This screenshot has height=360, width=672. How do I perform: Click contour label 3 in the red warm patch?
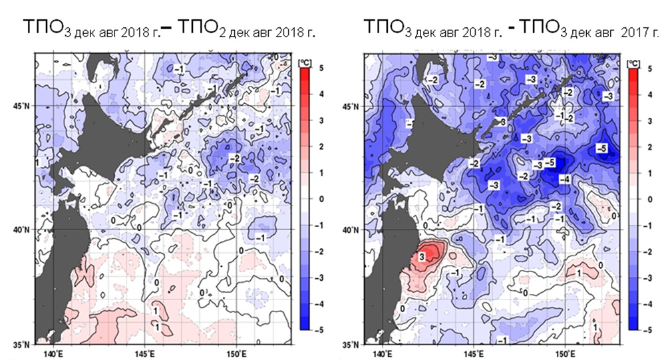pyautogui.click(x=422, y=257)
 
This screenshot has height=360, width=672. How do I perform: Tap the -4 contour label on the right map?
pyautogui.click(x=564, y=179)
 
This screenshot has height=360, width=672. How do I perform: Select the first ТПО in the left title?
pyautogui.click(x=40, y=28)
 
